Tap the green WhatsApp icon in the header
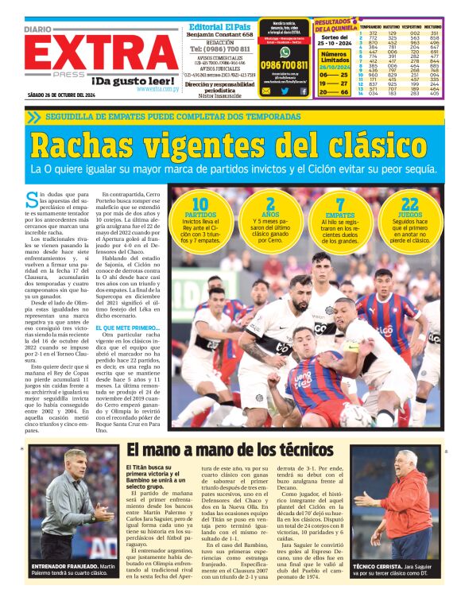pyautogui.click(x=284, y=52)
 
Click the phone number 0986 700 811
pyautogui.click(x=285, y=65)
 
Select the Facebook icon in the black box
pyautogui.click(x=303, y=91)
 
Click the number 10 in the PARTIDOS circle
pyautogui.click(x=200, y=204)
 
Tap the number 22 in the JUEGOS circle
pyautogui.click(x=410, y=204)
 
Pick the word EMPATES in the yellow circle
pyautogui.click(x=340, y=215)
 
